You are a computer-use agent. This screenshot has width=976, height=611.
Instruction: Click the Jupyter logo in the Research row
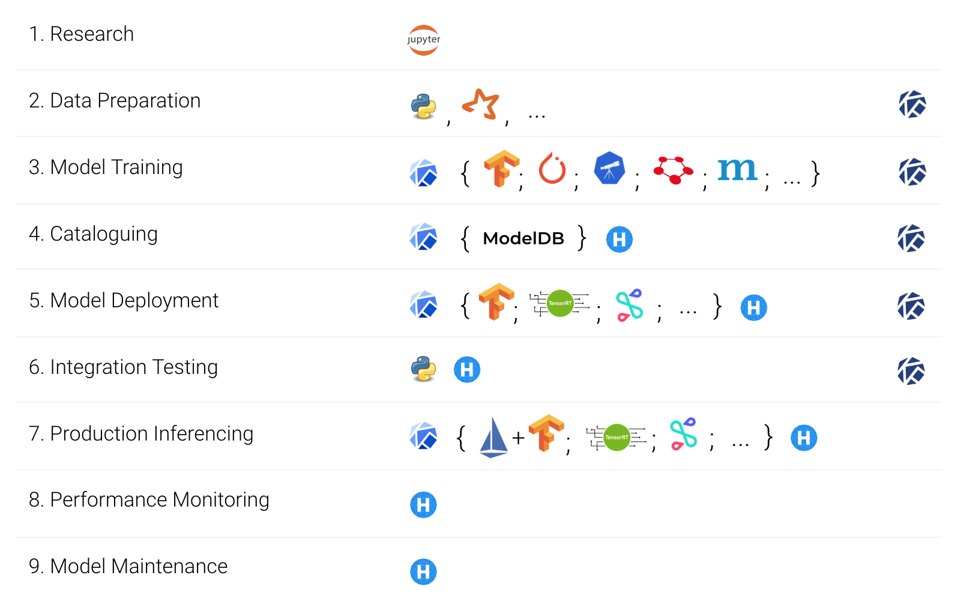tap(423, 40)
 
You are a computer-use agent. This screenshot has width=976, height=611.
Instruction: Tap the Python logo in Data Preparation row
tap(423, 106)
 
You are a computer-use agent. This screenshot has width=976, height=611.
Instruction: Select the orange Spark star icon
tap(481, 104)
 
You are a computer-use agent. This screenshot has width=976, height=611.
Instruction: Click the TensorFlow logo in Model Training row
tap(501, 168)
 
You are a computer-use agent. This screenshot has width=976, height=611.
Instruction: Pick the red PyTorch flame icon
tap(552, 169)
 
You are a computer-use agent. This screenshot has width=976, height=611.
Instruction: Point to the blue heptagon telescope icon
tap(609, 168)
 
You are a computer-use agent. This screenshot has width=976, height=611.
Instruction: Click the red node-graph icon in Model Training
tap(673, 170)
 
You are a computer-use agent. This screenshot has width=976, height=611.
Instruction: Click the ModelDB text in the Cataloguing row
tap(523, 239)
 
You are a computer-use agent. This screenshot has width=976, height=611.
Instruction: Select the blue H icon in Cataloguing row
tap(619, 239)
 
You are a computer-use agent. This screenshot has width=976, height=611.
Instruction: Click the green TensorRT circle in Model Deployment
tap(560, 303)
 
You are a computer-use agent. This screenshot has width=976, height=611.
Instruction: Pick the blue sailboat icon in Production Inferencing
tap(493, 437)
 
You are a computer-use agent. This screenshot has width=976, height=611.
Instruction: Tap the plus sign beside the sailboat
tap(519, 438)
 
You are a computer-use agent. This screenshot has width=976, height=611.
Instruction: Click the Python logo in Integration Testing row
tap(423, 369)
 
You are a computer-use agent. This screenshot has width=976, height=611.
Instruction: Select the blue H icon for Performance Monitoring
tap(423, 505)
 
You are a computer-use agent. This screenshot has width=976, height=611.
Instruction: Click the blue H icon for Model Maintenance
tap(423, 572)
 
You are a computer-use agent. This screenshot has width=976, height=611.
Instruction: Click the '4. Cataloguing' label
tap(93, 233)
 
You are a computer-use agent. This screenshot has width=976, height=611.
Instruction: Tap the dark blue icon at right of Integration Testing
tap(911, 371)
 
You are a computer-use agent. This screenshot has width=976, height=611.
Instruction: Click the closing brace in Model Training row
tap(815, 173)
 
